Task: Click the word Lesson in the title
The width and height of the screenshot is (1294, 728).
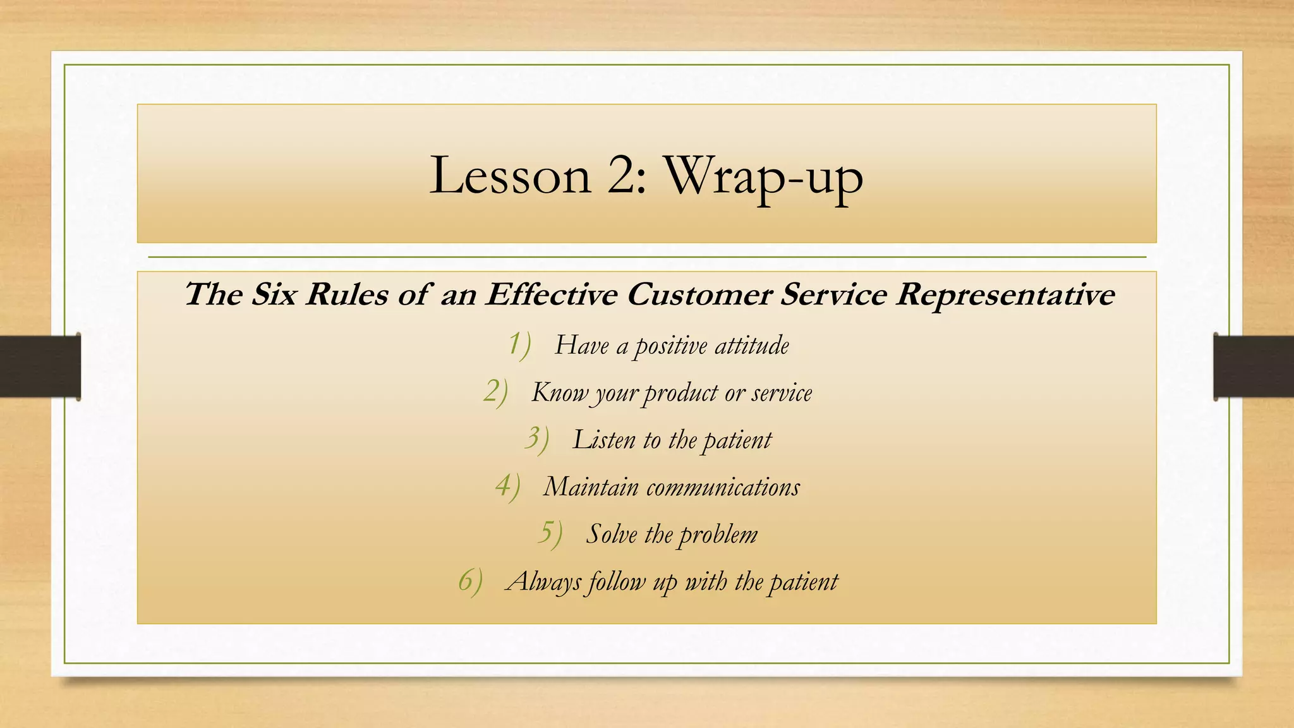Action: pos(509,176)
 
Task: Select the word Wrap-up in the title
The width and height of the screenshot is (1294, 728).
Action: pos(763,178)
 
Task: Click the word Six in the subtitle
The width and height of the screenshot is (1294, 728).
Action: pos(274,294)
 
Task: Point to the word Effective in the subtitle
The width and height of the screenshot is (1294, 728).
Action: pos(551,294)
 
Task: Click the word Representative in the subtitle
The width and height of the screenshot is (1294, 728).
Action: pos(1005,294)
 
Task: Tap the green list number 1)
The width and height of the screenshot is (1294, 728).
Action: pos(519,345)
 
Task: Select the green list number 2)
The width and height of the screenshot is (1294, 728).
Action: pos(495,392)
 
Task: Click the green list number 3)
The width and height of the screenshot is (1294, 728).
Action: pos(536,439)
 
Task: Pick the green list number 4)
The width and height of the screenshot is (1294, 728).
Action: pos(507,487)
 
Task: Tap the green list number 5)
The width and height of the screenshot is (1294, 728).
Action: pos(549,534)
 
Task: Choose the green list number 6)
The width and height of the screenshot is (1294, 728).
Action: pos(470,581)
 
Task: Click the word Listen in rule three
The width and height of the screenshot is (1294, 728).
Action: pos(604,440)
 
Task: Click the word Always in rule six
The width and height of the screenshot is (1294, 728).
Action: pos(543,582)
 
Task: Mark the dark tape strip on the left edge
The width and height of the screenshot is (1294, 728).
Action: pos(40,367)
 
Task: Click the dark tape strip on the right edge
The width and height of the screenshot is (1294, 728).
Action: pos(1254,367)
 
